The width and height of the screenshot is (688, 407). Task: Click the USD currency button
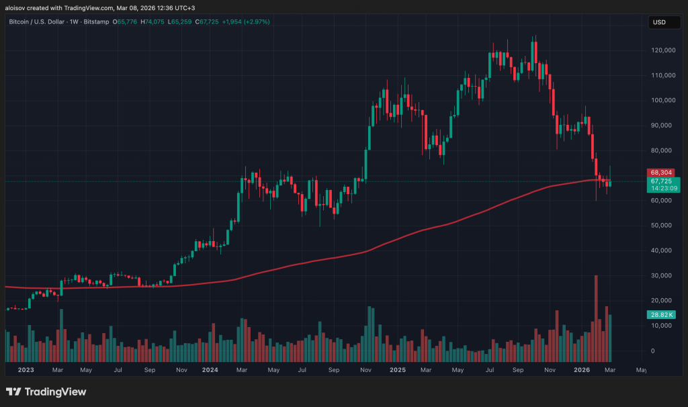[x=659, y=22]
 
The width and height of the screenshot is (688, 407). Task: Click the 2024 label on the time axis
[x=210, y=369]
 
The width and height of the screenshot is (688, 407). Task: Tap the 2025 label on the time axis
[x=397, y=369]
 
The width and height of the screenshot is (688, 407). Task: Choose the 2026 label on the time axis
[x=581, y=369]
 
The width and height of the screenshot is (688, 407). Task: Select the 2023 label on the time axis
[x=26, y=369]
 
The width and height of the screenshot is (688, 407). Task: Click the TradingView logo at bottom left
[x=46, y=392]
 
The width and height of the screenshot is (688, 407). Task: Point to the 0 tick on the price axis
[x=650, y=351]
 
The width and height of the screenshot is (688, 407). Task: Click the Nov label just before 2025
[x=366, y=369]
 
